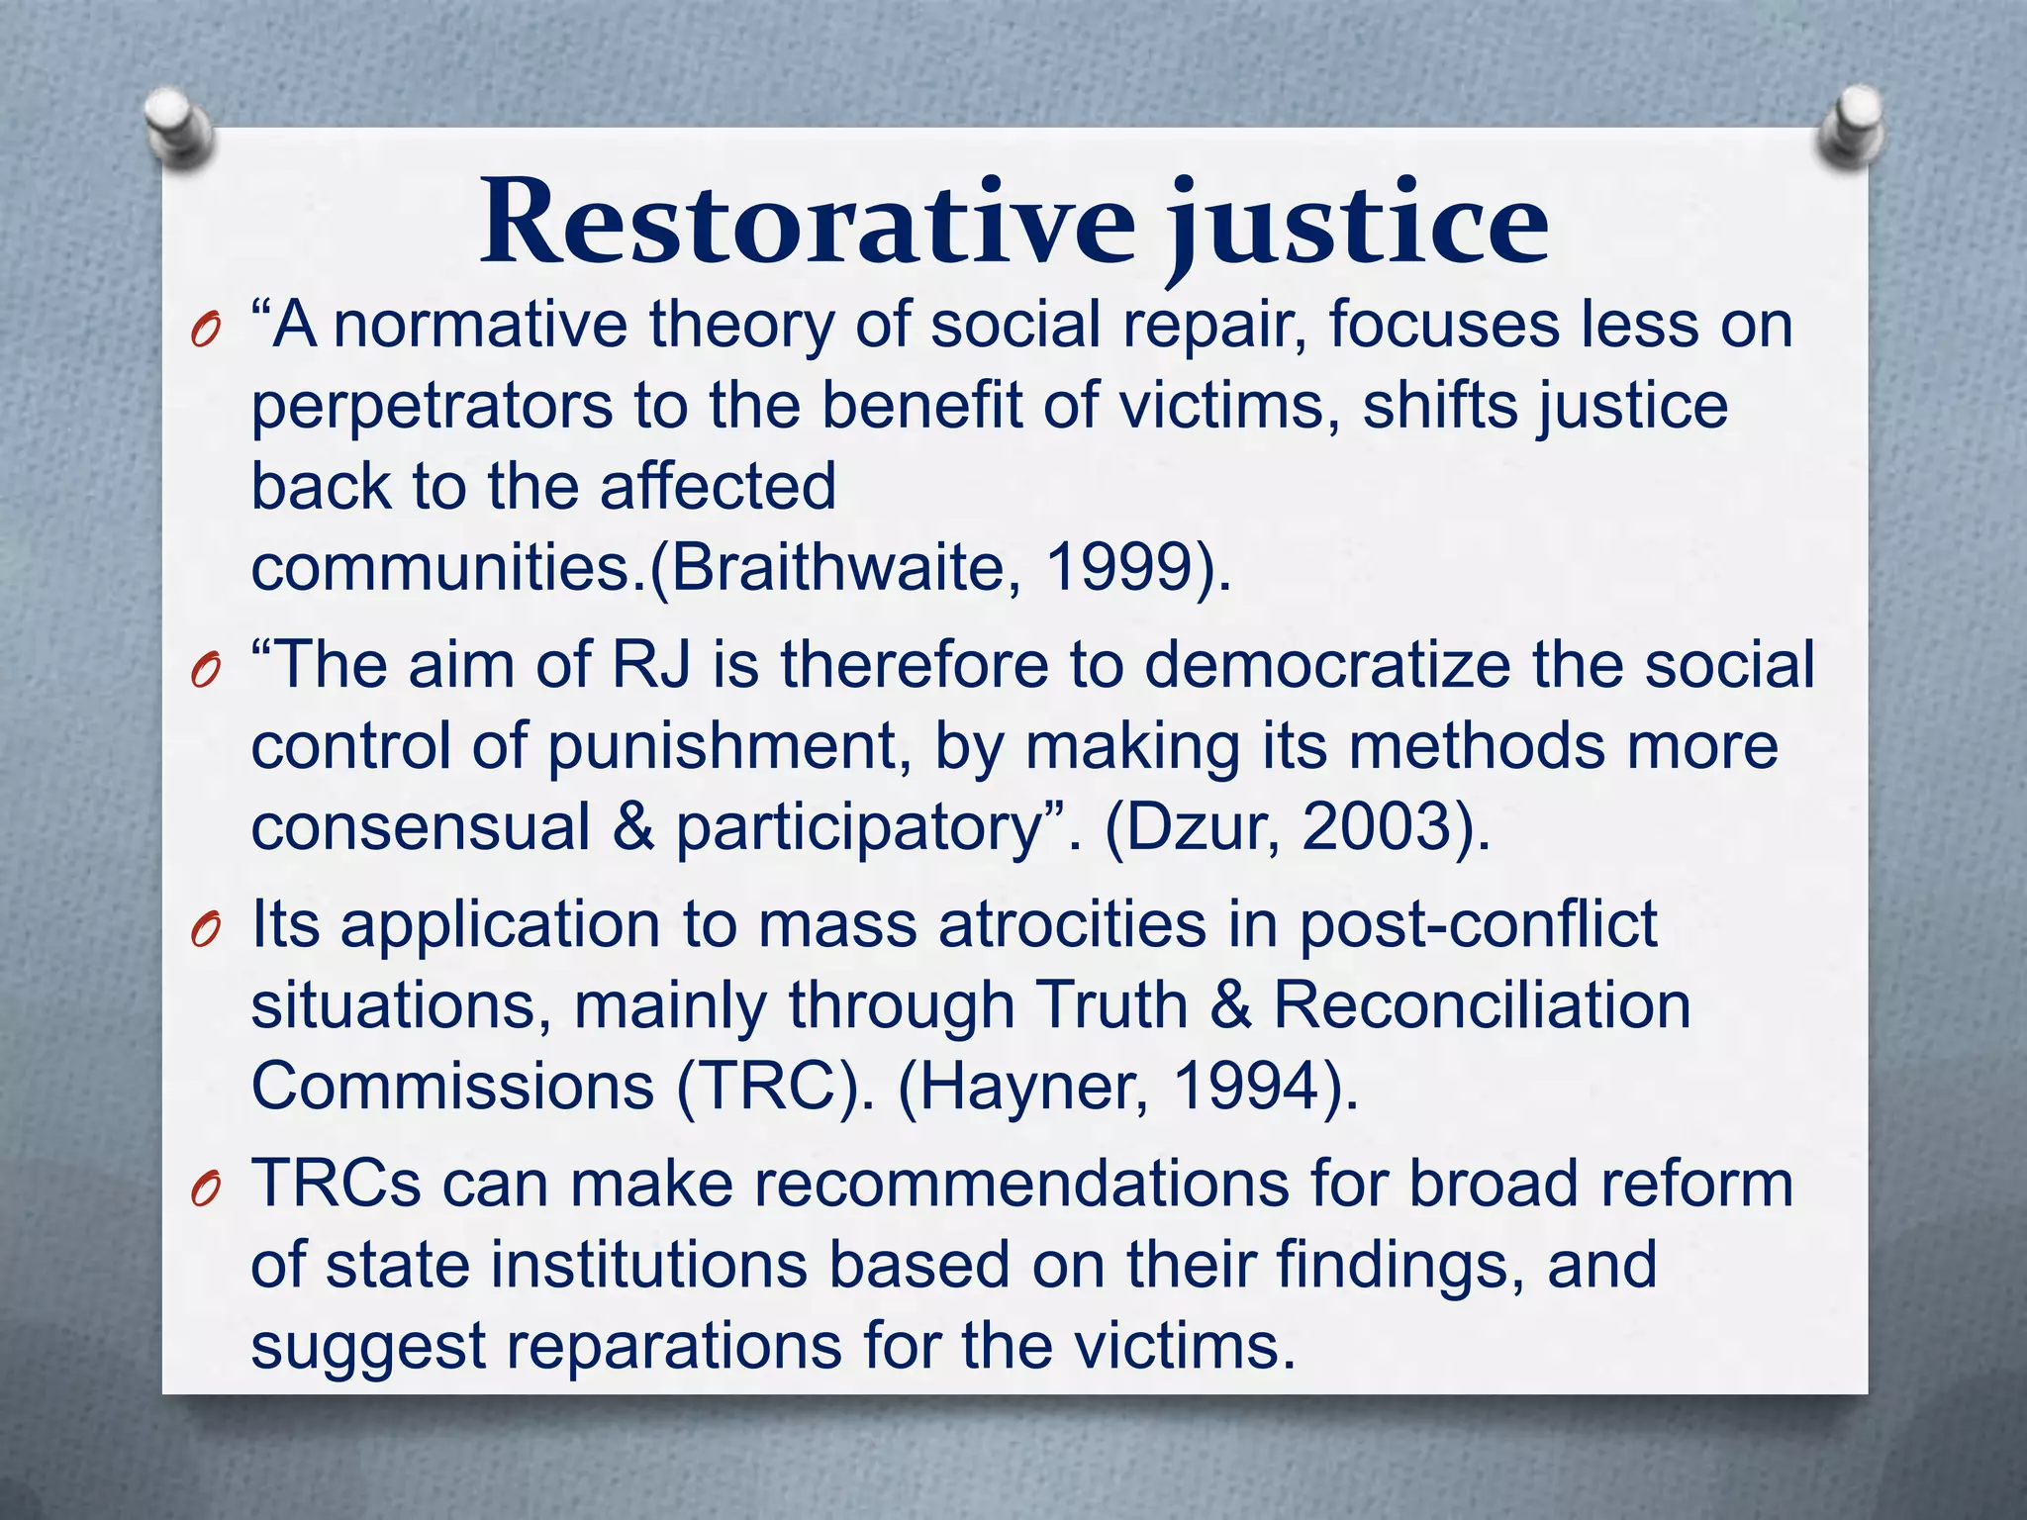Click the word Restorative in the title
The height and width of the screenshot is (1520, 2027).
(807, 223)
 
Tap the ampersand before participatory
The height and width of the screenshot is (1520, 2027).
(633, 827)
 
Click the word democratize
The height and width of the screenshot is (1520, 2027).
(1327, 664)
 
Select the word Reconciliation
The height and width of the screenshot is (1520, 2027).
(1482, 1005)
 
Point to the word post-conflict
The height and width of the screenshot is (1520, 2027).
(1478, 925)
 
